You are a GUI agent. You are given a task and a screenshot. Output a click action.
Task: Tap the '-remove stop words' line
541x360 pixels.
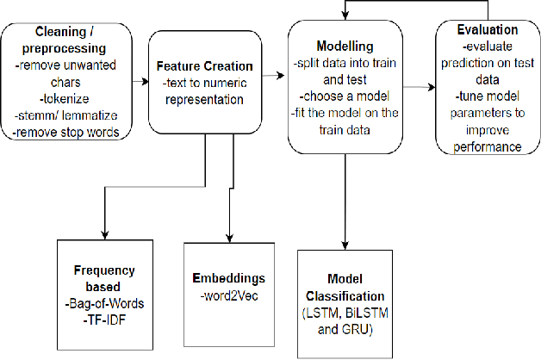65,131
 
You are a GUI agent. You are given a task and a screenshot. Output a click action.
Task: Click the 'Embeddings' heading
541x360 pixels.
229,278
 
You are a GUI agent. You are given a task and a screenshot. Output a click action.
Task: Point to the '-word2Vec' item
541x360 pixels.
229,293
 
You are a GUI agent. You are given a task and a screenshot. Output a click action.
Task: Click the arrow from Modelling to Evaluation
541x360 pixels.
418,87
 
